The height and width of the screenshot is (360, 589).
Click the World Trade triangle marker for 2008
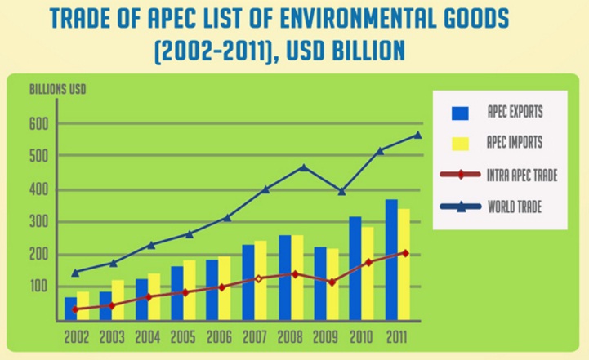coord(304,167)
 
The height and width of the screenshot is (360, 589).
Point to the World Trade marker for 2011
coord(418,135)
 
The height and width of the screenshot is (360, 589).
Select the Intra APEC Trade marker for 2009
coord(332,282)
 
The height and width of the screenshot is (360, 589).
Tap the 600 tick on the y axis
coord(40,124)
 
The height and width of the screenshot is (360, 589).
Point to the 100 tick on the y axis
coord(40,287)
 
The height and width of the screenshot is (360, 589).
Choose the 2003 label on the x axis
coord(114,335)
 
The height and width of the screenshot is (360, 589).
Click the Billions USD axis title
coord(58,89)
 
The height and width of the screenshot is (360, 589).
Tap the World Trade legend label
coord(515,207)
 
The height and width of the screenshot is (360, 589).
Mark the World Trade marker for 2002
coord(76,273)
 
